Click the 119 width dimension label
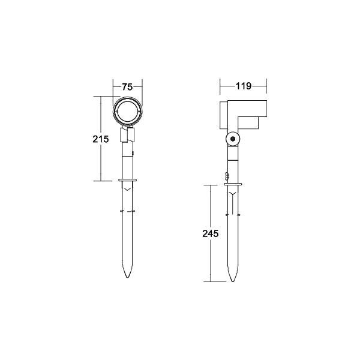click(x=243, y=86)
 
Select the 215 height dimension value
click(x=101, y=139)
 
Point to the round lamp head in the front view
click(x=127, y=111)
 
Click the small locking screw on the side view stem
click(x=226, y=176)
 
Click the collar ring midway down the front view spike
click(x=127, y=211)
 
